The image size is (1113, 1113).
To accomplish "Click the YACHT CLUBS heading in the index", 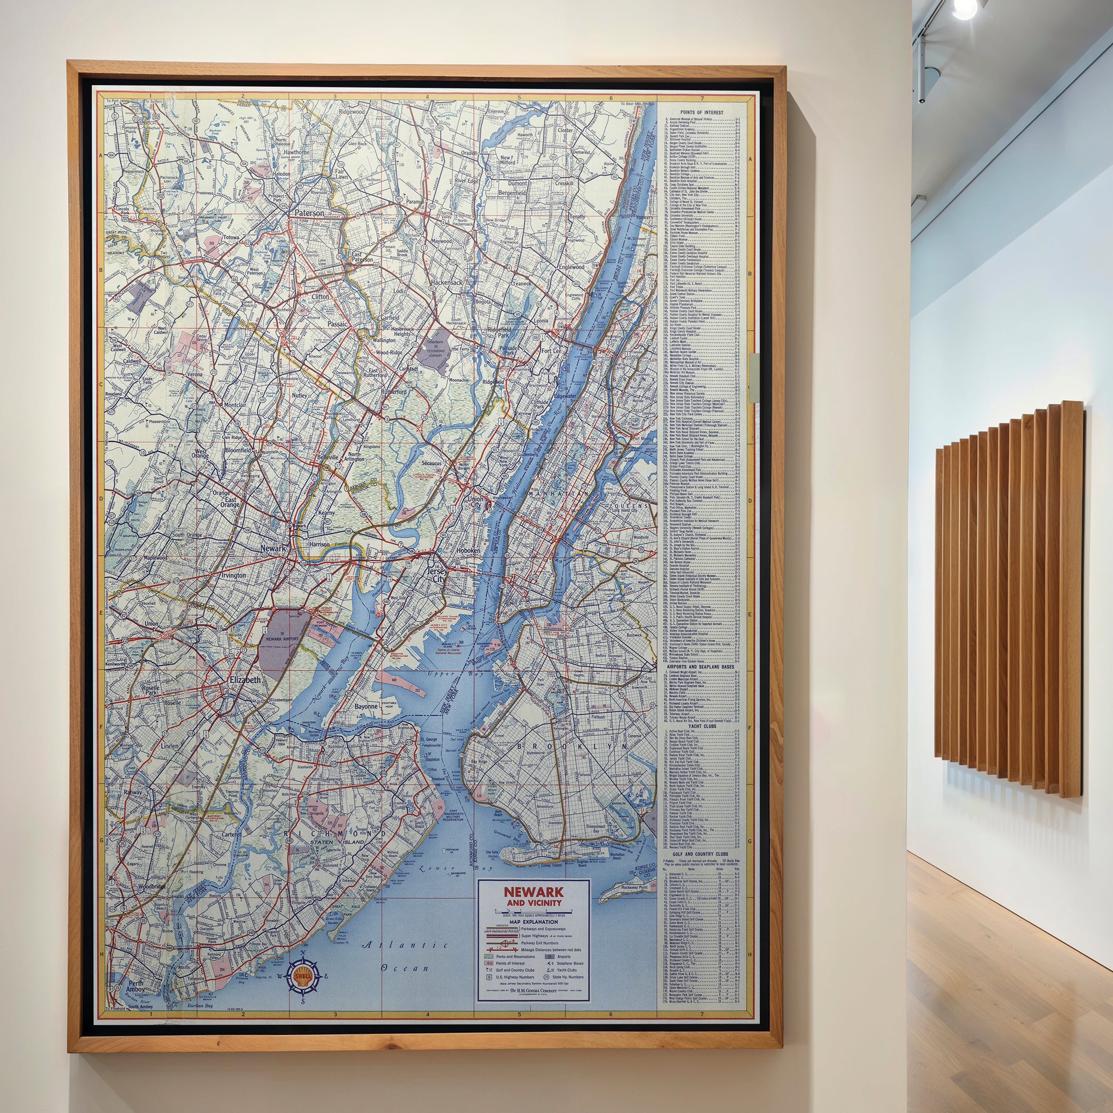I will point(701,726).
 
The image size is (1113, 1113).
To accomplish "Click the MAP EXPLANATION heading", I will point(533,922).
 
